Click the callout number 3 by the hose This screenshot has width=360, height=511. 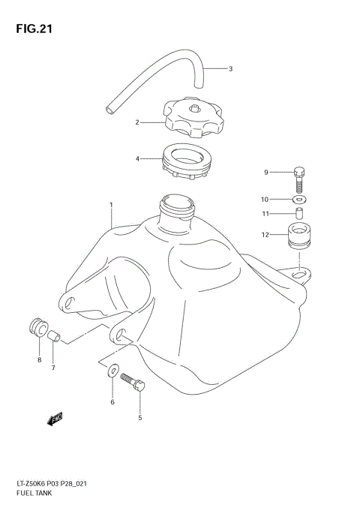231,69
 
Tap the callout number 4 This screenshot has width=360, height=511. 138,159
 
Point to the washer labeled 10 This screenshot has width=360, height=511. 300,200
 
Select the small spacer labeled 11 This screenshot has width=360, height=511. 298,215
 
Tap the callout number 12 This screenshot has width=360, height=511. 265,236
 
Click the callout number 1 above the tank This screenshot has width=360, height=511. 111,204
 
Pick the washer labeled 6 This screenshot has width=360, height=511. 112,369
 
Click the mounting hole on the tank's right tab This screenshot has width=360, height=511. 300,277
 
